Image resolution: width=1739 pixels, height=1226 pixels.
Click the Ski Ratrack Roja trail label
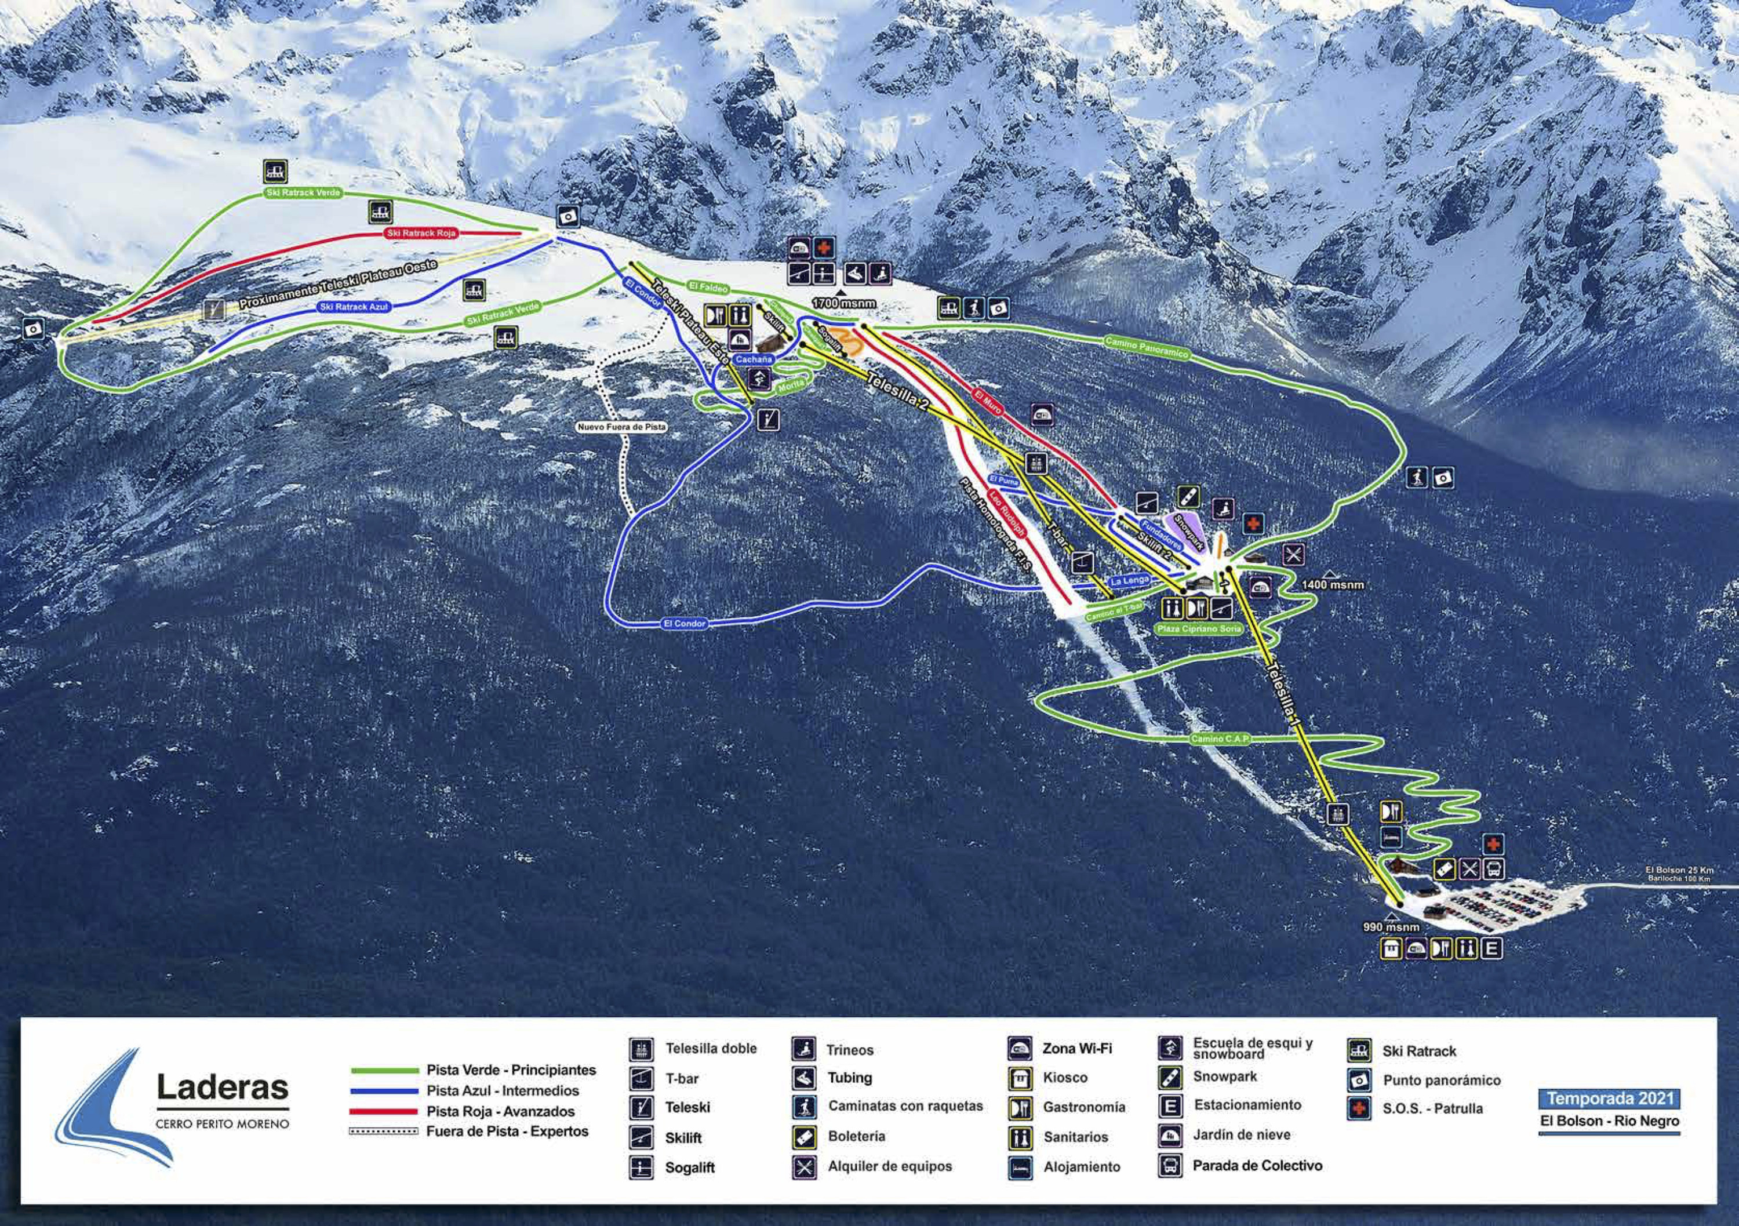(421, 233)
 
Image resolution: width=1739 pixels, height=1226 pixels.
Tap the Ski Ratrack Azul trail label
(354, 307)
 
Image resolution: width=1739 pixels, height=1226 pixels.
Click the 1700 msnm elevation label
(843, 303)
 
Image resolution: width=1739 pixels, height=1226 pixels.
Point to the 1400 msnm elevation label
(1333, 585)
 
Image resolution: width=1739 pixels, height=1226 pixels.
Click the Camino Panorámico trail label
(1146, 348)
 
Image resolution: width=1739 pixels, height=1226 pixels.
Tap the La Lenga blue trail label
(1130, 581)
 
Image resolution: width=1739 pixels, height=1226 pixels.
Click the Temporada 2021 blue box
(1609, 1098)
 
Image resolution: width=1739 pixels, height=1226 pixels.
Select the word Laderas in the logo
(223, 1087)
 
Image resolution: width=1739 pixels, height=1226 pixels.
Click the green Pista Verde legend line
(384, 1071)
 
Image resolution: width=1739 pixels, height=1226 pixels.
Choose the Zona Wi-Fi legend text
(1077, 1049)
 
